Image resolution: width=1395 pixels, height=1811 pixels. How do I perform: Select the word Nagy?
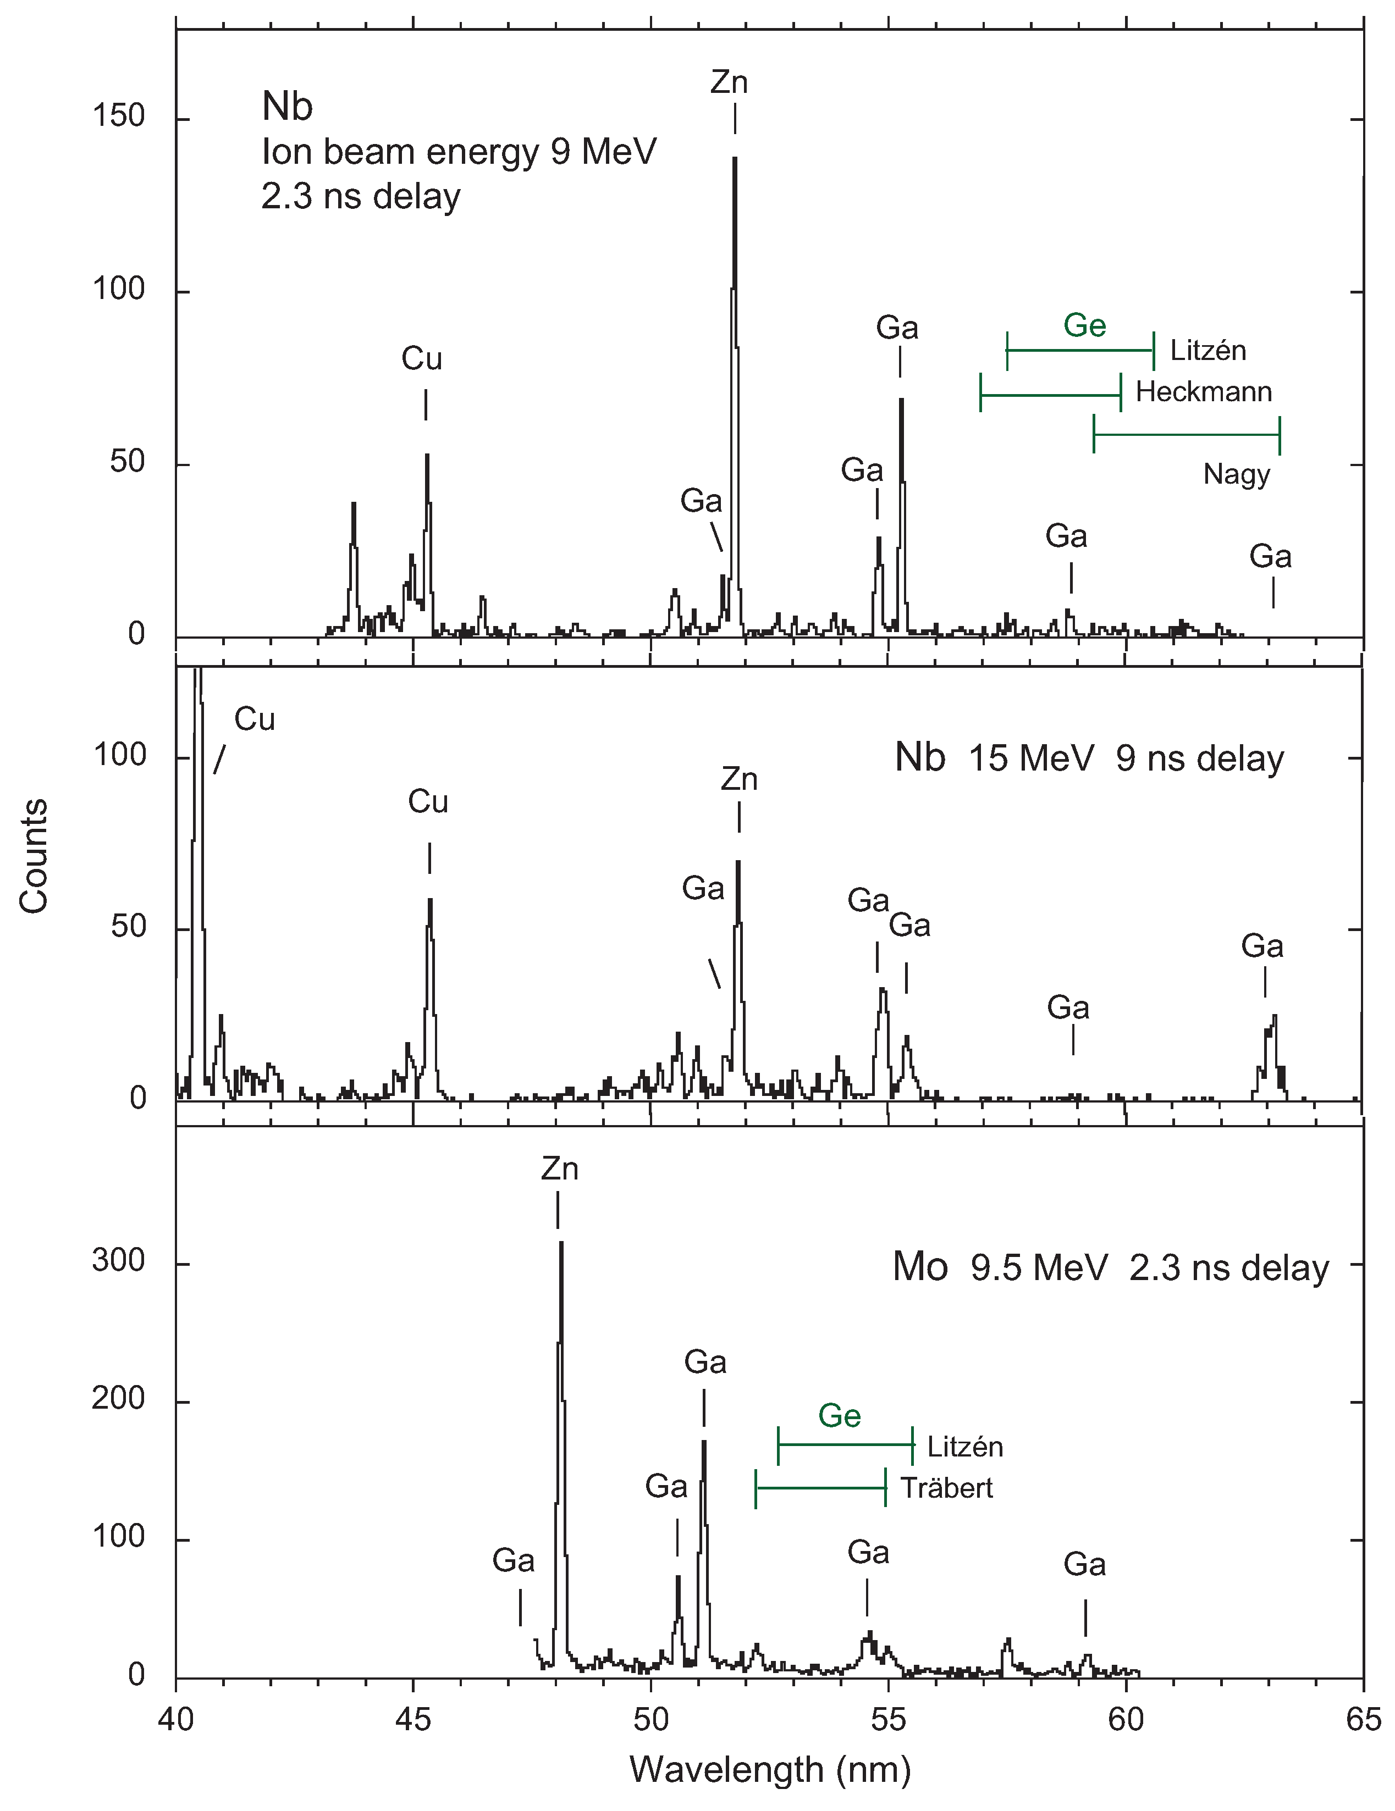pos(1236,474)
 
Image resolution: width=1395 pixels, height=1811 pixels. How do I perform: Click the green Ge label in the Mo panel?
pos(839,1415)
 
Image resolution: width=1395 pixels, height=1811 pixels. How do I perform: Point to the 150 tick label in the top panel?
pos(118,116)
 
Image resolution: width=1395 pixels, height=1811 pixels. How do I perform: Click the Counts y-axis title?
pos(35,856)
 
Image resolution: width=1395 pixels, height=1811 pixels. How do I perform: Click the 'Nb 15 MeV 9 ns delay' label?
pos(1089,758)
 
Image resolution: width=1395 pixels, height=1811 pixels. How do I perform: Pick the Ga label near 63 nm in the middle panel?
pos(1261,946)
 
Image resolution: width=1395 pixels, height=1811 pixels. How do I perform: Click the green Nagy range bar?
pos(1186,435)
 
